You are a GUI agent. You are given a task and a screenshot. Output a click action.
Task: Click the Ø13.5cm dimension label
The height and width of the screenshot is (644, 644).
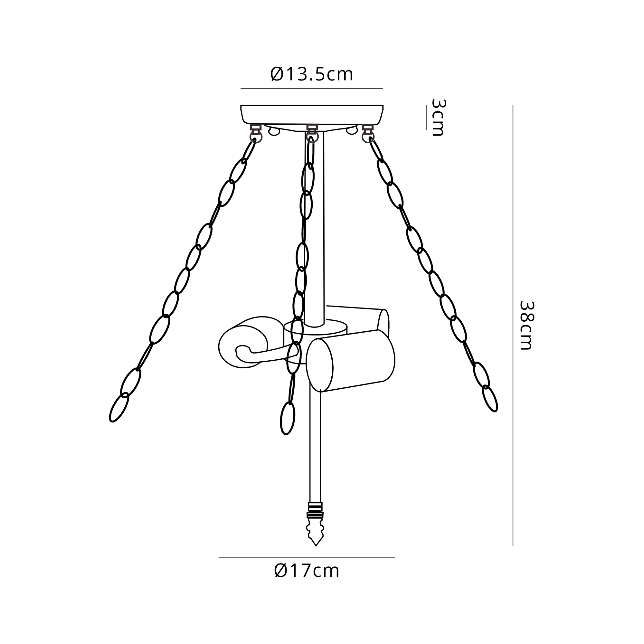(312, 74)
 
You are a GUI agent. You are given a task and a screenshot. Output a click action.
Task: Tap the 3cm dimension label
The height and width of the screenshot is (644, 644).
(438, 117)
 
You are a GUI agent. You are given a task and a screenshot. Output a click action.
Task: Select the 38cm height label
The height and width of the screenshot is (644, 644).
(527, 325)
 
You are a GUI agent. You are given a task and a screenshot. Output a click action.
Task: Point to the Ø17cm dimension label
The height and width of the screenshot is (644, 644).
(307, 580)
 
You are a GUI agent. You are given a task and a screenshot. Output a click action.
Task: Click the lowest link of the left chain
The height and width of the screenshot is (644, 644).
(119, 407)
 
